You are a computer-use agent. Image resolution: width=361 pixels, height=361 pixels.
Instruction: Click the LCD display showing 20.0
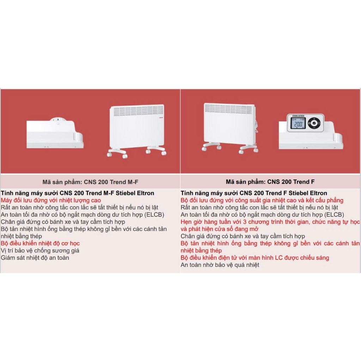point(298,123)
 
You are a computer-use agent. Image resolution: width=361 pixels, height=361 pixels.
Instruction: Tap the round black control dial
point(314,123)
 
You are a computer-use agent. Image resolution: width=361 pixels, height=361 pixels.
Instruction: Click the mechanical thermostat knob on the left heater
point(58,120)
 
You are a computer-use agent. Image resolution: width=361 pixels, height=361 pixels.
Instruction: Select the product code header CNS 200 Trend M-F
point(90,182)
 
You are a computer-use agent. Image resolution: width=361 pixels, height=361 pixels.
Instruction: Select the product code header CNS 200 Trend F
point(270,182)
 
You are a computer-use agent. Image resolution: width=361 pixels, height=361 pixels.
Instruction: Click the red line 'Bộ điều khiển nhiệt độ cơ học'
point(40,243)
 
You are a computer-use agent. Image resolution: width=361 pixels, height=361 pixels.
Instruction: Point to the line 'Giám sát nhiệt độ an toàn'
point(35,258)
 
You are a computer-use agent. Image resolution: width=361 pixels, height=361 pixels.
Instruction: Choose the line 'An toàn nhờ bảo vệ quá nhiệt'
point(220,265)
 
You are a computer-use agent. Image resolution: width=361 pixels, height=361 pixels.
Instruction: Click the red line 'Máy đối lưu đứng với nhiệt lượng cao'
point(51,200)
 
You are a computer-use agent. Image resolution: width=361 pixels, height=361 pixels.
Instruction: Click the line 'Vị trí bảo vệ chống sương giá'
point(40,251)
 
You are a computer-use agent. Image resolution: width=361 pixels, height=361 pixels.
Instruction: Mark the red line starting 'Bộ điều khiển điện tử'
point(255,258)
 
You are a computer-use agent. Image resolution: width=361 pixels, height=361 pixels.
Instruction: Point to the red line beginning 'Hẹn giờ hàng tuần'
point(270,225)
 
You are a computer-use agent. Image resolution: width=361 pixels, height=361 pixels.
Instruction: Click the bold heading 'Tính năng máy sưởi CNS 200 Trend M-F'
point(78,193)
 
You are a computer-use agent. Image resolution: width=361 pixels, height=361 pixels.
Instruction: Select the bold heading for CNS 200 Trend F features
point(254,193)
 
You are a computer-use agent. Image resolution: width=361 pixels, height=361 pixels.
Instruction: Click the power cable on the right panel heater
point(256,126)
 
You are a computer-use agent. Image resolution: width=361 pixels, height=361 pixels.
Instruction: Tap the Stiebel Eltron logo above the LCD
point(298,116)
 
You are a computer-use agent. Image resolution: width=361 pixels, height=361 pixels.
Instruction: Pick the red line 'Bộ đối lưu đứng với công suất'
point(262,200)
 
